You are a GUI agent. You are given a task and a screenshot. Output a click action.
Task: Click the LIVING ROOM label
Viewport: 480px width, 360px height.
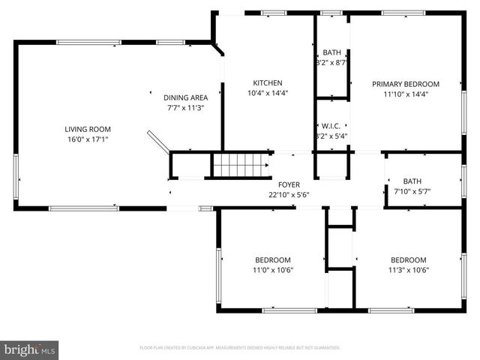coord(87,128)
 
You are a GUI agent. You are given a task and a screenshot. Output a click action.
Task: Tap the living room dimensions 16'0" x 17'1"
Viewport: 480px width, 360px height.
coord(87,139)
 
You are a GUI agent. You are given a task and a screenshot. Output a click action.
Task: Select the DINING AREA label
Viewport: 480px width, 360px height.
coord(185,97)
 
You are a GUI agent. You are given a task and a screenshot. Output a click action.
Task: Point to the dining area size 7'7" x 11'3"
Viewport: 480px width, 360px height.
coord(185,108)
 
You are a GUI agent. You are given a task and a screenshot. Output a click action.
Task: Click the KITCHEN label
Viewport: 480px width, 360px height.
coord(267,82)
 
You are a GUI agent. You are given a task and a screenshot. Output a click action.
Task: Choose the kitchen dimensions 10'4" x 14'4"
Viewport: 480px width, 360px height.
coord(267,93)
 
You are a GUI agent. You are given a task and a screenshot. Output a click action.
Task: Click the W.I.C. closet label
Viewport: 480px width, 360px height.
coord(331,125)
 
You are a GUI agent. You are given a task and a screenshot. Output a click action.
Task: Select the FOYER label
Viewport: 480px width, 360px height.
coord(289,184)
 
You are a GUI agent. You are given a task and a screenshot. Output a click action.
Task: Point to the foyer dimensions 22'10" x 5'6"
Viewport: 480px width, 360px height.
coord(289,195)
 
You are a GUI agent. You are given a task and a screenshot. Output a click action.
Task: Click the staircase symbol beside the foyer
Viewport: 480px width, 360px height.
coord(240,165)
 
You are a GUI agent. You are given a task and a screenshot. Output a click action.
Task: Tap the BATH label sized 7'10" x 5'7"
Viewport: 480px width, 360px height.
coord(412,181)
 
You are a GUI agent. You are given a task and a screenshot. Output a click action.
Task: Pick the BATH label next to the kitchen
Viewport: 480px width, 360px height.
coord(331,52)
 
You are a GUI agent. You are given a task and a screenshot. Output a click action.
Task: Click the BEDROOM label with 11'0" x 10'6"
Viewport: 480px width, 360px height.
coord(267,259)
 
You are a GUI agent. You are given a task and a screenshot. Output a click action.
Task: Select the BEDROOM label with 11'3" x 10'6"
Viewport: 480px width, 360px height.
coord(408,259)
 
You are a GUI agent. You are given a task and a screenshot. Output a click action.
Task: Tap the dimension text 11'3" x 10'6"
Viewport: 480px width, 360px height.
coord(408,270)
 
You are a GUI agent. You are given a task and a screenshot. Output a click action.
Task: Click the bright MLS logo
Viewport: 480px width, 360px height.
coord(29,349)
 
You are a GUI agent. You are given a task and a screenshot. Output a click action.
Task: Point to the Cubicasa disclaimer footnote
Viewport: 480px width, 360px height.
coord(240,348)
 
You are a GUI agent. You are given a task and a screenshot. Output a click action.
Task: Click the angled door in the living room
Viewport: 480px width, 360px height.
coord(158,142)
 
